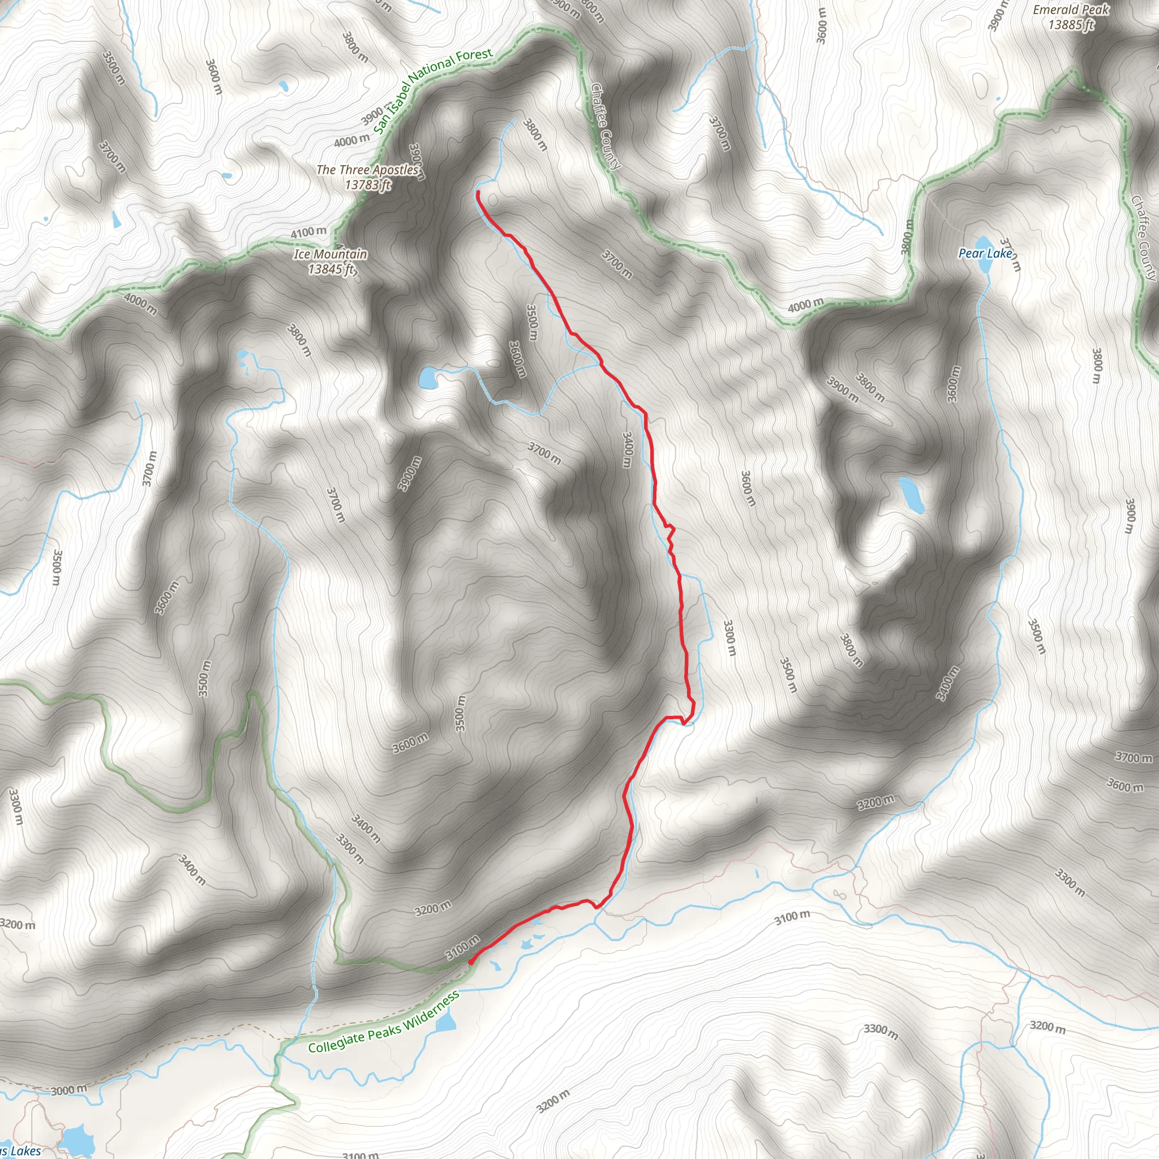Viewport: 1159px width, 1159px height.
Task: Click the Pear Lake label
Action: (x=985, y=253)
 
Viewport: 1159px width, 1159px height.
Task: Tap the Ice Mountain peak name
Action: (x=330, y=254)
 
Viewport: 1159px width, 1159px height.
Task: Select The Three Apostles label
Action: (x=368, y=170)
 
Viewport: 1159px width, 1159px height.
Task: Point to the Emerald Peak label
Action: (x=1071, y=10)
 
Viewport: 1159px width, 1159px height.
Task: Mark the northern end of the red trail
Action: (x=478, y=192)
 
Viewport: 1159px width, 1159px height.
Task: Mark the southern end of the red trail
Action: (x=470, y=962)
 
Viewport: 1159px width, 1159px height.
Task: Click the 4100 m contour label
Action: (x=308, y=232)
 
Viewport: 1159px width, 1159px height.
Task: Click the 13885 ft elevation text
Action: (x=1071, y=24)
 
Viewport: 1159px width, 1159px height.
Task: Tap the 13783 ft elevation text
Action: (x=368, y=184)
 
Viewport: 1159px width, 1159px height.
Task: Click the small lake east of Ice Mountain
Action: (x=428, y=379)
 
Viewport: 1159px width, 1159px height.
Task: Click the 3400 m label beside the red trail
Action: (x=627, y=450)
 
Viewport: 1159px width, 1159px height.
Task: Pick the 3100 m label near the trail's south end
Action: (x=463, y=947)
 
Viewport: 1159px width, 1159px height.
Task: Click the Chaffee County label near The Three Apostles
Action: (x=605, y=126)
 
